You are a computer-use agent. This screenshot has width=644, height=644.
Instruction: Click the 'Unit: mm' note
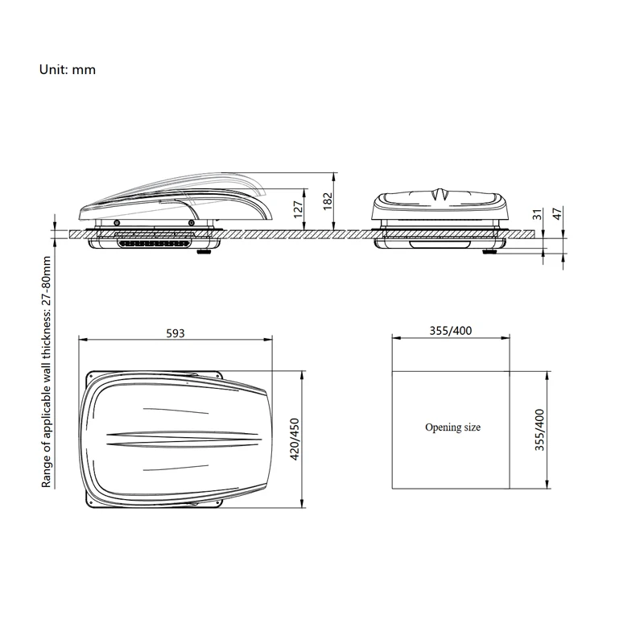point(68,69)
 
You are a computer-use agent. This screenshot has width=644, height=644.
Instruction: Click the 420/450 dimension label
point(295,439)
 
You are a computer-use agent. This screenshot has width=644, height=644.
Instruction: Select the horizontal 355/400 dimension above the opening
point(451,332)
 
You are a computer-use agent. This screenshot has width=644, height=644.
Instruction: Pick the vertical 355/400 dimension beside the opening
point(540,430)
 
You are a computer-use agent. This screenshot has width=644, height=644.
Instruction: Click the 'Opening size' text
point(452,427)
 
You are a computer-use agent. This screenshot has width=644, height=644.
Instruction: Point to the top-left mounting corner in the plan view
point(91,376)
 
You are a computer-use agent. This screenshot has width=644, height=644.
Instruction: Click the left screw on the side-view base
point(117,222)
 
